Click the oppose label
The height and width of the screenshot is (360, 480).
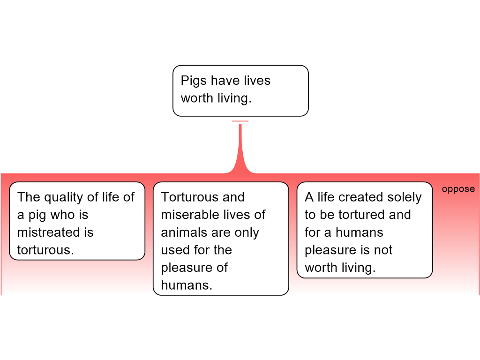tap(458, 189)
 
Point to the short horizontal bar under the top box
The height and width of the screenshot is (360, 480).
tap(240, 121)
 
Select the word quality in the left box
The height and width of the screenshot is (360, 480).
tap(63, 197)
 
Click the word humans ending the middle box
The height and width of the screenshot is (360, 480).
tap(187, 285)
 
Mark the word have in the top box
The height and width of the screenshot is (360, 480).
tap(225, 81)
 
